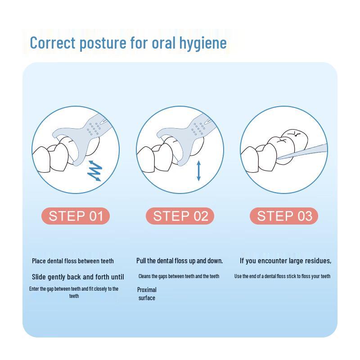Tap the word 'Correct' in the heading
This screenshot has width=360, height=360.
pos(53,43)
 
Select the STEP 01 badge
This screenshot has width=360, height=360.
pos(76,216)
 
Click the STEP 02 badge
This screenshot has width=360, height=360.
pos(180,216)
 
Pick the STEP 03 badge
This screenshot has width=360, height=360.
pos(284,216)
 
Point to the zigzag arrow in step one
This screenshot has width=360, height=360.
pos(94,171)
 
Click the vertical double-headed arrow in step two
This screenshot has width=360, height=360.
pos(199,171)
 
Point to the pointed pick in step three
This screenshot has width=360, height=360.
pos(302,151)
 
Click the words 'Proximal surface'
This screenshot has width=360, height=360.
pos(147,294)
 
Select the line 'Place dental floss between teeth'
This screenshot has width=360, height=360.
pos(73,261)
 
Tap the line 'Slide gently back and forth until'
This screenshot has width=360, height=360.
pos(78,277)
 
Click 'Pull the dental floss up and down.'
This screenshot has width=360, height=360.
pos(180,261)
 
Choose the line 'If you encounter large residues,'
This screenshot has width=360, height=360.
pos(285,261)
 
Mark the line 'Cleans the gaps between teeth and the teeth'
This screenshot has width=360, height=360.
pos(179,276)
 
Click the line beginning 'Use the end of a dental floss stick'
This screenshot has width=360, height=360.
pos(283,276)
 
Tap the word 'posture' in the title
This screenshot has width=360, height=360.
pos(103,43)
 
